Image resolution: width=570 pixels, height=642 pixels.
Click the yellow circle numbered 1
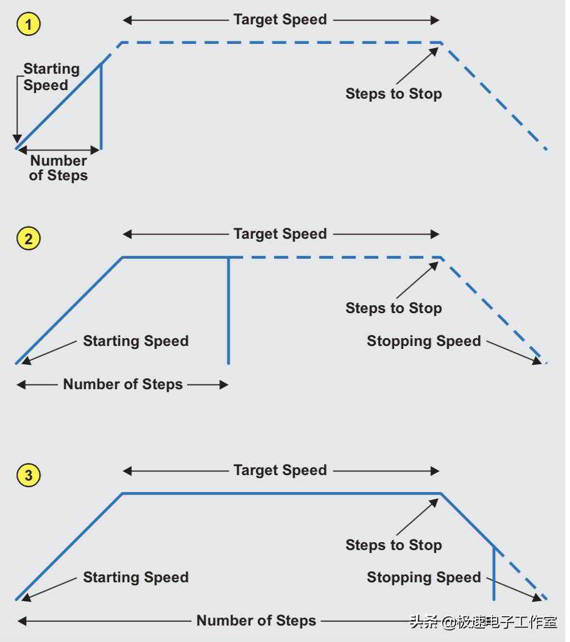(29, 24)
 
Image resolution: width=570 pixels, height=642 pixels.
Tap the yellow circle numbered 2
(29, 239)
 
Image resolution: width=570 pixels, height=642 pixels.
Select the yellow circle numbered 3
(29, 475)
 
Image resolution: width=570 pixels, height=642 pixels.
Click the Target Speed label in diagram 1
(280, 19)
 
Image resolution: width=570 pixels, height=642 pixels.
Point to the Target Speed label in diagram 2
(280, 234)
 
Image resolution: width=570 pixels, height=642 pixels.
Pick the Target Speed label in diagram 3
(280, 470)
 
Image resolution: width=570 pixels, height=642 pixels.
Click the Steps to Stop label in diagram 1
(393, 94)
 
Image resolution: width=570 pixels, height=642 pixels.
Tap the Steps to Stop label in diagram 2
(393, 308)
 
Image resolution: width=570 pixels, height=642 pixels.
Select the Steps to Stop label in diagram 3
(393, 545)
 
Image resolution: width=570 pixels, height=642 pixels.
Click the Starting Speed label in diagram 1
(51, 77)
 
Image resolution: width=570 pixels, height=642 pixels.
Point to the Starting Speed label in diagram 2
(136, 341)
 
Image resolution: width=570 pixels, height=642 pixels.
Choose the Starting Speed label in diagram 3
(136, 577)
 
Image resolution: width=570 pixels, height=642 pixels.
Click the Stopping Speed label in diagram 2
(424, 341)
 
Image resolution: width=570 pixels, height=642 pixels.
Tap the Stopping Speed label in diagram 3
(424, 577)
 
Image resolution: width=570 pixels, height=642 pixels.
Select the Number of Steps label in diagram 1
(58, 168)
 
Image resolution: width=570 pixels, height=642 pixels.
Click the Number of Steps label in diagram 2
(123, 384)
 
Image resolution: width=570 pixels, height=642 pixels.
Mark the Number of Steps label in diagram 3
(256, 621)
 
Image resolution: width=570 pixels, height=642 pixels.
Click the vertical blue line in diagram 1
(100, 107)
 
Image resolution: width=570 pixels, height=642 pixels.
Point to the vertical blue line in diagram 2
(228, 311)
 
